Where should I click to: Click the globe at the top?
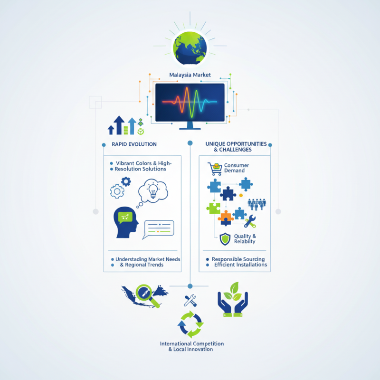pos(190,48)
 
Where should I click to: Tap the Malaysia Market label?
pos(190,75)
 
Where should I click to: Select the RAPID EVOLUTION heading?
pos(134,144)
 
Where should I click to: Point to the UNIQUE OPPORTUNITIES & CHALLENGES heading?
pos(236,147)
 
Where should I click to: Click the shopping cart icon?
pos(215,169)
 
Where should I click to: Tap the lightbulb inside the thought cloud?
pos(153,191)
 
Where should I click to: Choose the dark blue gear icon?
pos(126,181)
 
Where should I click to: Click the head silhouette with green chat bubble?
pos(126,222)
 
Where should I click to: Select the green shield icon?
pos(225,239)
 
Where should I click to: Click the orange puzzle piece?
pos(226,218)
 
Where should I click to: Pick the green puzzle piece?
pos(213,208)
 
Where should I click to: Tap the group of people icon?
pos(256,204)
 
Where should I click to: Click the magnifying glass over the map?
pos(147,295)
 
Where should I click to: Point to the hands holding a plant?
pos(233,300)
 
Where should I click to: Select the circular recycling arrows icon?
pos(190,324)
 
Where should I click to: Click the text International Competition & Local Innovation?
pos(191,346)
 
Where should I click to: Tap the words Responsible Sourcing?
pos(238,259)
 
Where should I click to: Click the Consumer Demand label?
pos(236,168)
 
